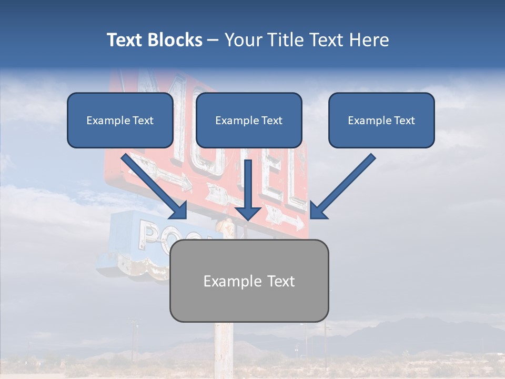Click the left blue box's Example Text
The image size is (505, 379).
pos(120,121)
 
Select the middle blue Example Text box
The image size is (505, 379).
pos(249,121)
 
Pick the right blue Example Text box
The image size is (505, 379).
pos(381,121)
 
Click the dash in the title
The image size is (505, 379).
pos(213,40)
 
